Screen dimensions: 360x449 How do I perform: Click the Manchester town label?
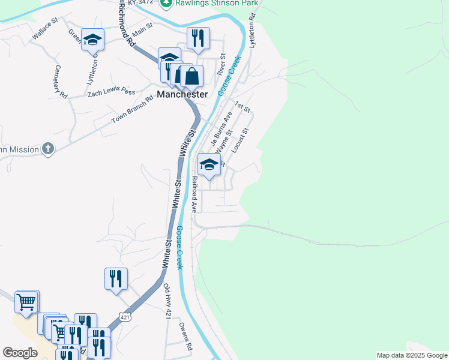point(182,94)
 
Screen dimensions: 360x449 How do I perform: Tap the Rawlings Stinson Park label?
point(217,4)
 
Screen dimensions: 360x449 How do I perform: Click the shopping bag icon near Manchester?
point(191,76)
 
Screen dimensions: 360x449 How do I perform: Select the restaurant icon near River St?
point(197,38)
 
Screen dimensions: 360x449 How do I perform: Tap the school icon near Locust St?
point(208,164)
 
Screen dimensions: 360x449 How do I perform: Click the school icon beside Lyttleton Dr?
point(92,40)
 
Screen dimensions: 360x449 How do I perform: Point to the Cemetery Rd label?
point(61,82)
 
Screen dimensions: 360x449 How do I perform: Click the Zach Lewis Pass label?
point(111,91)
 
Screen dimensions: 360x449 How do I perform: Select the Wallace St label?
point(44,28)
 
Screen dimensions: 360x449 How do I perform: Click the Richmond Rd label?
point(126,24)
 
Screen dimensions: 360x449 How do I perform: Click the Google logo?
point(20,353)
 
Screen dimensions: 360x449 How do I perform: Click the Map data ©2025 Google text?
point(412,355)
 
